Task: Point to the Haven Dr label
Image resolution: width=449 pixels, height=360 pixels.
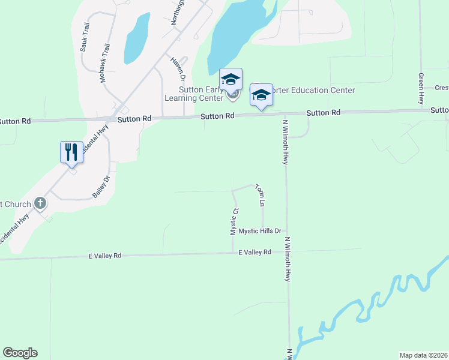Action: pos(177,69)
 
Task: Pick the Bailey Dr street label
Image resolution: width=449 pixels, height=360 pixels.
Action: pos(101,187)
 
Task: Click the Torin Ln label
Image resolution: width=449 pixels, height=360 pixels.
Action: pos(260,196)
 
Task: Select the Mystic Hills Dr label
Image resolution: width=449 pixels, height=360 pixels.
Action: pos(260,231)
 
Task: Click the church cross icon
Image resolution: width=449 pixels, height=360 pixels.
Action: pos(40,203)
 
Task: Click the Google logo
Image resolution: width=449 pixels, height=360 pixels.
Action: pos(20,353)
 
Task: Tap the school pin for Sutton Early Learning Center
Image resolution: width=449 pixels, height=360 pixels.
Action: pos(231,80)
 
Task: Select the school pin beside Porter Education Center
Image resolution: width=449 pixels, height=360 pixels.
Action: pos(261,95)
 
